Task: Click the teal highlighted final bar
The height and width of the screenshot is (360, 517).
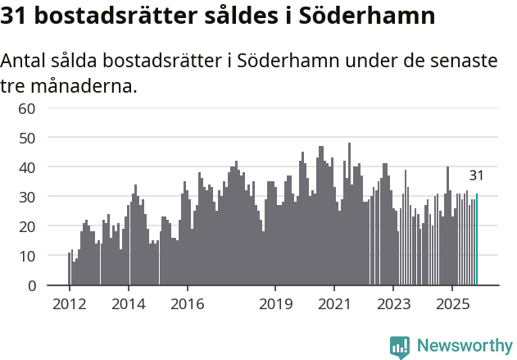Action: click(x=477, y=239)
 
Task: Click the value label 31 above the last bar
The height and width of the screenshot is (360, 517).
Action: click(x=476, y=175)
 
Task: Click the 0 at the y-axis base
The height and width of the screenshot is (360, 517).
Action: click(x=31, y=285)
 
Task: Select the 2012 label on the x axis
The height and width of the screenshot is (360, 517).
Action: click(x=69, y=304)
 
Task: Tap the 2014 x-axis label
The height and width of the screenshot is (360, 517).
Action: click(x=128, y=304)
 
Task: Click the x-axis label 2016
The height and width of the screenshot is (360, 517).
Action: click(x=187, y=304)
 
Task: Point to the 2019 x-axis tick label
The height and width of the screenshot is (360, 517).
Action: click(x=275, y=304)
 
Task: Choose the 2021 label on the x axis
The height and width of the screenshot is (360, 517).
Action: click(x=334, y=304)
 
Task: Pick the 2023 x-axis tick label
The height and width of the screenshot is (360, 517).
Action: click(x=393, y=304)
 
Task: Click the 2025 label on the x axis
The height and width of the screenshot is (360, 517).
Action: click(x=452, y=304)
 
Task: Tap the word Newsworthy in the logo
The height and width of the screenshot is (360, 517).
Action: click(x=465, y=346)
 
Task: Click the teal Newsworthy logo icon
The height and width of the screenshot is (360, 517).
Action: click(x=400, y=347)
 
